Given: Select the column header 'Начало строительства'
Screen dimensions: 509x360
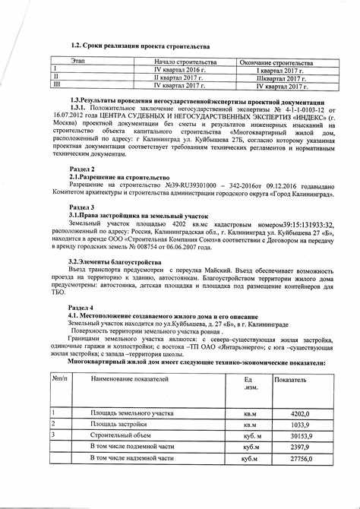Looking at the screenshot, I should click(186, 60).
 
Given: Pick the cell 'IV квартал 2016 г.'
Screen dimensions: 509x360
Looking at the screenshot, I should click(179, 69).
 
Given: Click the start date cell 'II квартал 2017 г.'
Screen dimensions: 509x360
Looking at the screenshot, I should click(179, 77).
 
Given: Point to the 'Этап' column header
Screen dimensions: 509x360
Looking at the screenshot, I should click(77, 60).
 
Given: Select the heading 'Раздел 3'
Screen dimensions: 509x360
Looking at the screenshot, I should click(81, 207).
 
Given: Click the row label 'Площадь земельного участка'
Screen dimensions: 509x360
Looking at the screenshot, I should click(133, 413).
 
